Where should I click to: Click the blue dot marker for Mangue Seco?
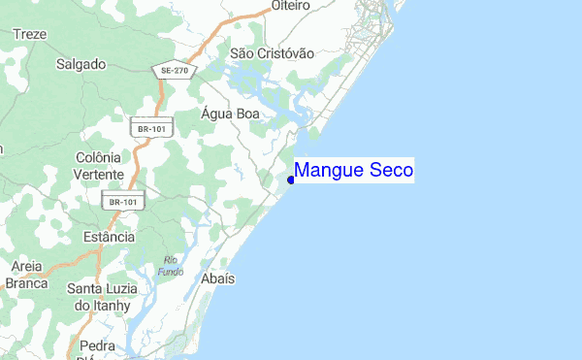coord(291,179)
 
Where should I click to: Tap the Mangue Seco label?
coord(354,171)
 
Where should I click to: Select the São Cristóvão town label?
coord(273,53)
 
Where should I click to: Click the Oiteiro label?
coord(290,6)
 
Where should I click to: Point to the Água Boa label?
coord(231,113)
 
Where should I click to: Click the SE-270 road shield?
coord(174,70)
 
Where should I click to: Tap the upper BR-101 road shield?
coord(148,126)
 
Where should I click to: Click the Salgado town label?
coord(81,64)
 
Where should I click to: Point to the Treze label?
coord(30,34)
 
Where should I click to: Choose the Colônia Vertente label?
coord(98,165)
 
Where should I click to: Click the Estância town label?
coord(108,236)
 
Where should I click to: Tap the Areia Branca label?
coord(26,274)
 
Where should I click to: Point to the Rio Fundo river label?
coord(173,265)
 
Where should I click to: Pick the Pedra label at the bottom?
coord(98,345)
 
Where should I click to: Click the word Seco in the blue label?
coord(391,171)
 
